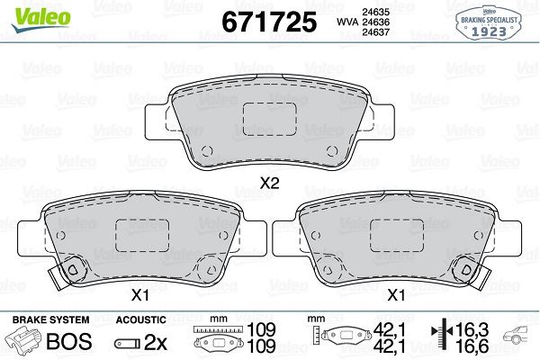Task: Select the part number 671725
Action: (264, 21)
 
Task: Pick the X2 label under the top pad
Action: (269, 184)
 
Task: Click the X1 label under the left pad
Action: (140, 293)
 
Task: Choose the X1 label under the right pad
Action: (393, 293)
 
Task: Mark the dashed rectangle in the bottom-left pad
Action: (141, 237)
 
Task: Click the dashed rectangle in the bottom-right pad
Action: (395, 237)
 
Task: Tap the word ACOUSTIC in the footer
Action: (141, 319)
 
